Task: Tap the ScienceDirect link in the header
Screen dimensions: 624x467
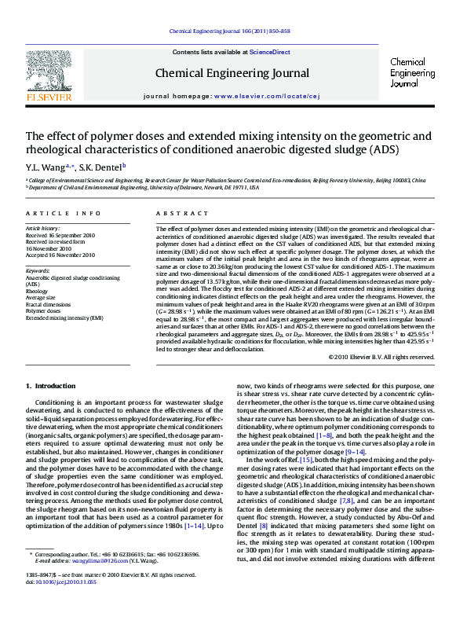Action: coord(269,52)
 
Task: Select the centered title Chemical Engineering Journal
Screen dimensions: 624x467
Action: coord(232,73)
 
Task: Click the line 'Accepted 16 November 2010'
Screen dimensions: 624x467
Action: coord(60,255)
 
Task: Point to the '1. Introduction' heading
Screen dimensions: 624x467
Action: coord(51,386)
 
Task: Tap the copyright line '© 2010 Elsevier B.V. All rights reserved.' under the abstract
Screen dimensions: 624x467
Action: coord(381,357)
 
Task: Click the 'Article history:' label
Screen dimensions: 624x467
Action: coord(43,228)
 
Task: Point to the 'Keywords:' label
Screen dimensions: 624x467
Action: coord(38,272)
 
